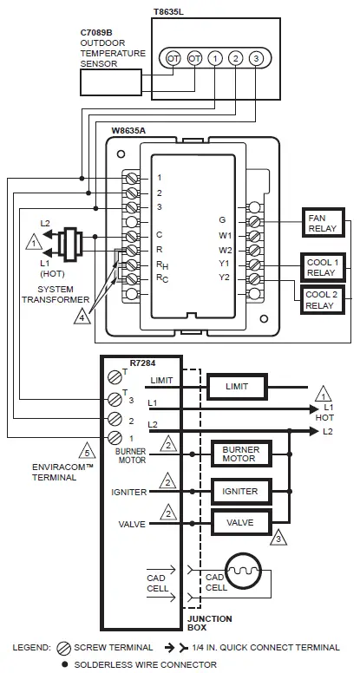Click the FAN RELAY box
tap(322, 222)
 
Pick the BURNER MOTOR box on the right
tap(240, 454)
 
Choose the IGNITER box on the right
tap(240, 492)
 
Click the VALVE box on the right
tap(240, 523)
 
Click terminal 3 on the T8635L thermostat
tap(256, 58)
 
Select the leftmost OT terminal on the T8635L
tap(173, 58)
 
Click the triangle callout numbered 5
tap(85, 450)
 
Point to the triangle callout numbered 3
tap(278, 539)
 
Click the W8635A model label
tap(128, 130)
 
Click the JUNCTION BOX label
tap(209, 624)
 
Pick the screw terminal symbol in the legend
tap(62, 647)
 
